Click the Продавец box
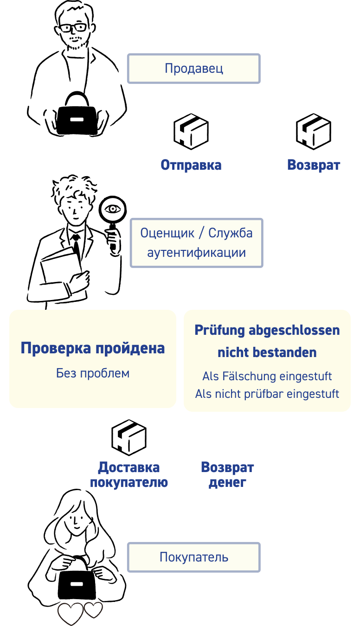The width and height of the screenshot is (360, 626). coord(194,69)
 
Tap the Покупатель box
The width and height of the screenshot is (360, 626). coord(194,557)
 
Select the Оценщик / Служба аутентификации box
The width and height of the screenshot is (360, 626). coord(196,243)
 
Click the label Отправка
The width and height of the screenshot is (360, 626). coord(191,165)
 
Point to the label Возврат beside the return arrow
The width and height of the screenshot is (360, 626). coord(314,165)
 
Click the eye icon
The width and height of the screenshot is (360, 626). coord(113,209)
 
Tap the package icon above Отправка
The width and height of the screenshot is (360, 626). coord(191,132)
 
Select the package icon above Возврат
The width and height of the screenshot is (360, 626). coord(314,132)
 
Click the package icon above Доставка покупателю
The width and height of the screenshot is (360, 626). coord(129,438)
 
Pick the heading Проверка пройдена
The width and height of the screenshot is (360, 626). coord(93,348)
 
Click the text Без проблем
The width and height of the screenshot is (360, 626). coord(93,373)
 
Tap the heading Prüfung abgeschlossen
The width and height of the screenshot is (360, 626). coord(267,330)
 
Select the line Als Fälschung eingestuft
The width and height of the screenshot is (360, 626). coord(267,376)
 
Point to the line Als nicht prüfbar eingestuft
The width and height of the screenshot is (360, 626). coord(267,394)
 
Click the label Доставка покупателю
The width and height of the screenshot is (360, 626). coord(129,475)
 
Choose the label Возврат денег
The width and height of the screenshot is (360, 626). coord(227,474)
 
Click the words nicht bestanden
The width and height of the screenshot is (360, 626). coord(267,352)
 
